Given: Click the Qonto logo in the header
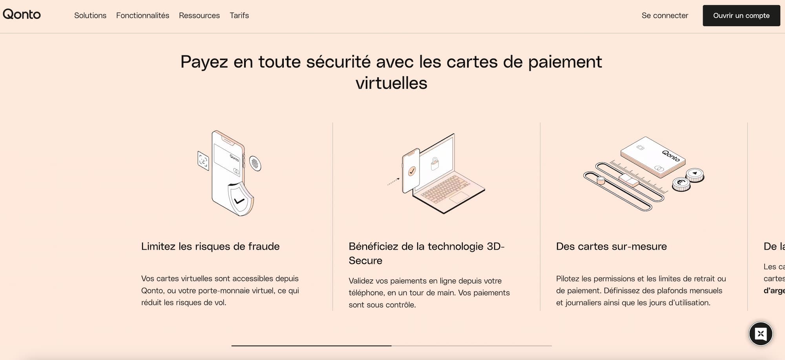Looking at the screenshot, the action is [x=22, y=15].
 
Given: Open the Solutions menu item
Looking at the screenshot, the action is [x=90, y=15].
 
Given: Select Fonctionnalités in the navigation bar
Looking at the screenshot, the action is [x=142, y=15].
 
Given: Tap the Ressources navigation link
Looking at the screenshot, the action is [x=199, y=15].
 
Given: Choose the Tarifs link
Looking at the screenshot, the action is [x=239, y=15].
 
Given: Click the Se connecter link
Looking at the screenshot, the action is [x=665, y=15].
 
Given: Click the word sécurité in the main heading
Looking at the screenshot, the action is [x=338, y=62].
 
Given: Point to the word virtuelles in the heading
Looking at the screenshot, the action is [x=391, y=83].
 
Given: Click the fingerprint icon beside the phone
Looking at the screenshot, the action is [x=255, y=163].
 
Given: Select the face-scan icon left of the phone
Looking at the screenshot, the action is [x=203, y=161].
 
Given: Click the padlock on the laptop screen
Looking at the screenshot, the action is [x=435, y=163].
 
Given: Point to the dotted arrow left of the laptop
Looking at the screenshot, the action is [x=393, y=181].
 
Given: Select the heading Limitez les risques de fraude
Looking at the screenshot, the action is [x=210, y=246].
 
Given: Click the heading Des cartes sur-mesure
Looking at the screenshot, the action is [x=612, y=246].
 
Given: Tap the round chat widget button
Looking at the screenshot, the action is [x=761, y=334].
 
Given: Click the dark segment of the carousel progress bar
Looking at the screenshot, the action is [x=311, y=346].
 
